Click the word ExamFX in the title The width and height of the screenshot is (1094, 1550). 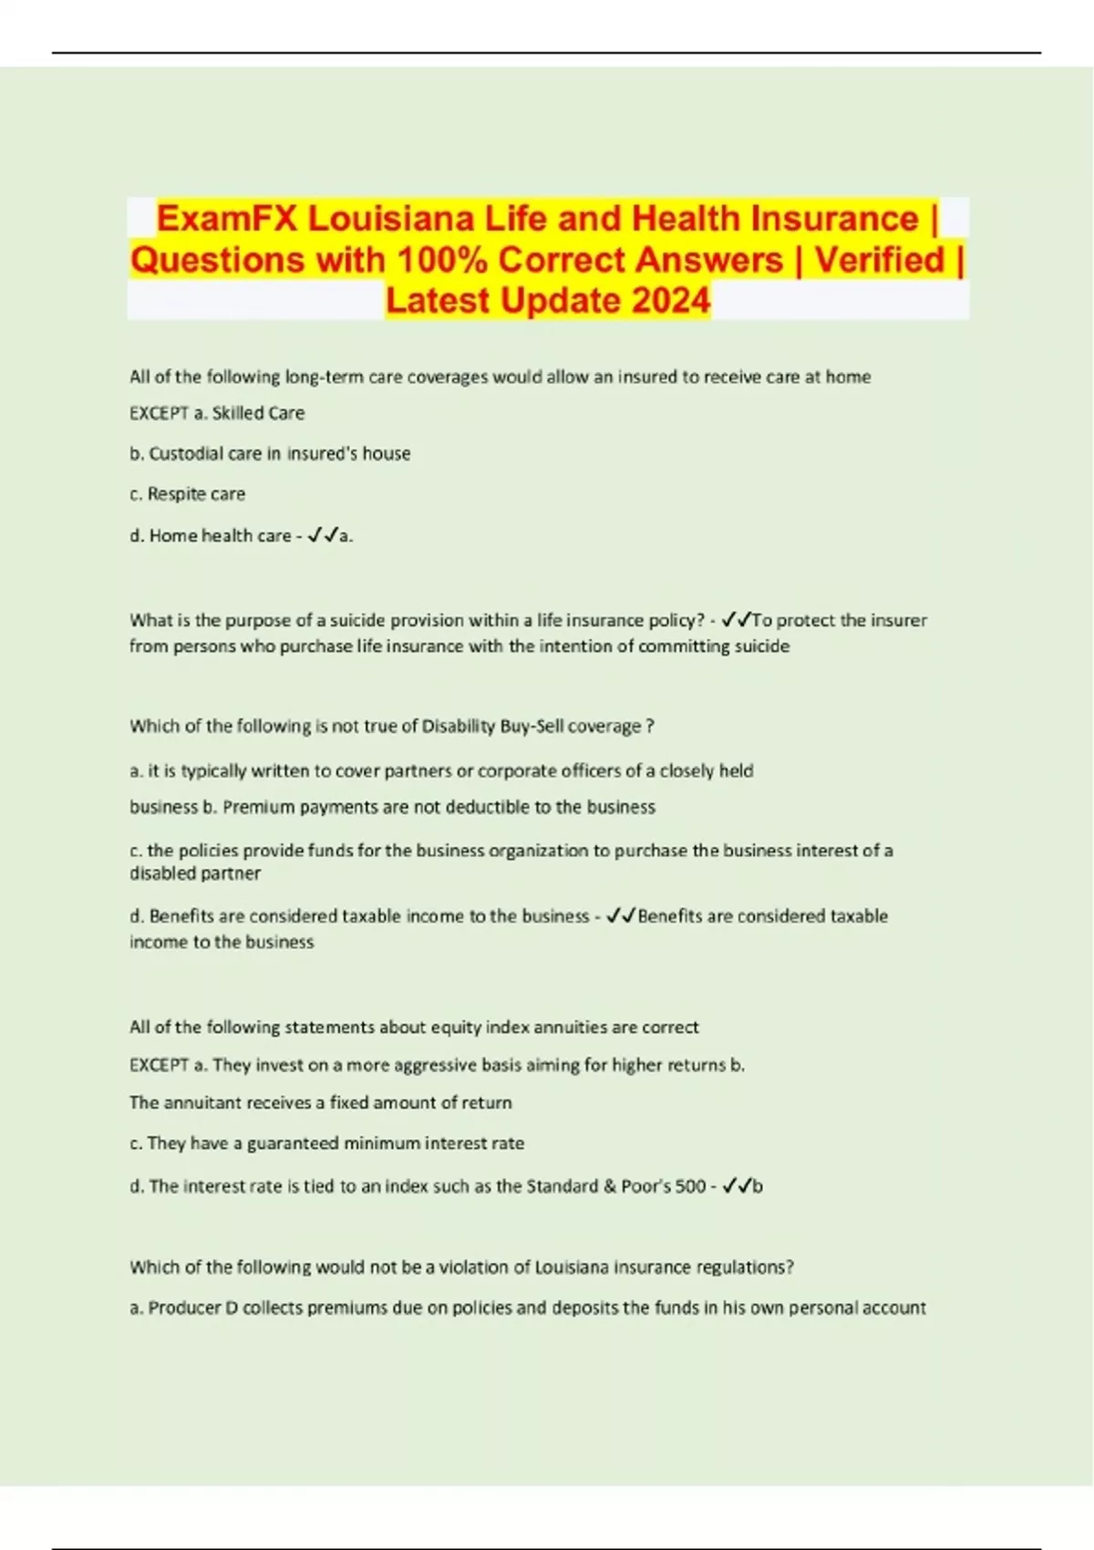(x=227, y=219)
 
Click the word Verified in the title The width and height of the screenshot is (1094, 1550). (x=880, y=260)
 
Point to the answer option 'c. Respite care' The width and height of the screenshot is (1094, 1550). (x=188, y=494)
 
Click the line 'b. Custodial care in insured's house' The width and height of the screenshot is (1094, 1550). (x=270, y=454)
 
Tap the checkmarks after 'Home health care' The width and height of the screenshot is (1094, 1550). (x=323, y=536)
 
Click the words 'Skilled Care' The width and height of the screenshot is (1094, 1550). (x=259, y=413)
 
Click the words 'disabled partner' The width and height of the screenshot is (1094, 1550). (x=195, y=873)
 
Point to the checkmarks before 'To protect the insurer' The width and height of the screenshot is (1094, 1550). (x=736, y=621)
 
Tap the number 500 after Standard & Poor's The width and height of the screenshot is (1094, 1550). (x=691, y=1186)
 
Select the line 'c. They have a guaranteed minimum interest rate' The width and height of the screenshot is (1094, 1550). (x=326, y=1143)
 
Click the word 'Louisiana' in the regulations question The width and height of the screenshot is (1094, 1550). (x=573, y=1267)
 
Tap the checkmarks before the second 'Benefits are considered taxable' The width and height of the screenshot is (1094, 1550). (x=621, y=916)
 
